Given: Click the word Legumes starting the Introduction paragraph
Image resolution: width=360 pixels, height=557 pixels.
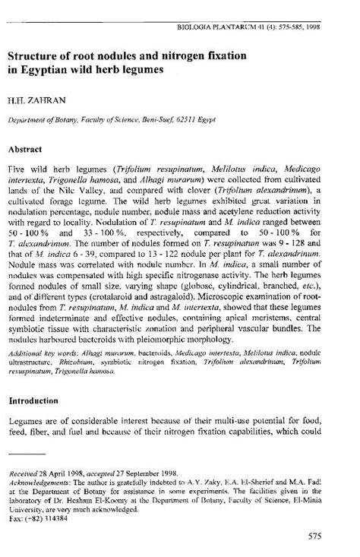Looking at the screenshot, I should (x=27, y=422).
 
